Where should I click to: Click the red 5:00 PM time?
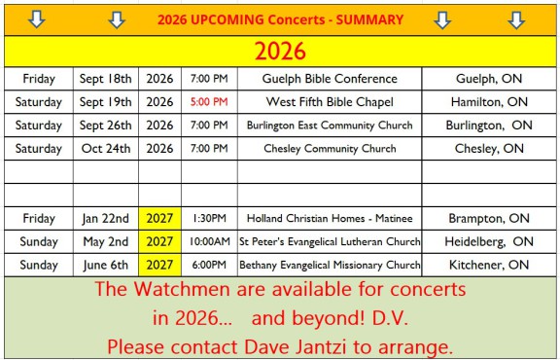tap(209, 102)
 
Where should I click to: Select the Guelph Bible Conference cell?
tap(330, 79)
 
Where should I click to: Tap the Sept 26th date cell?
tap(105, 126)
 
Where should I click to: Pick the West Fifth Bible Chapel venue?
tap(330, 102)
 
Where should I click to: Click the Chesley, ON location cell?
tap(489, 148)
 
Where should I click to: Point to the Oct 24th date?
tap(106, 148)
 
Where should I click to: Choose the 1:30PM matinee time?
tap(209, 218)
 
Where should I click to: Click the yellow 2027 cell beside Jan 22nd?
tap(159, 218)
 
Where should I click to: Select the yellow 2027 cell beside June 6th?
tap(159, 265)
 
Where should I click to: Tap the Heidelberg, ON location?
tap(489, 241)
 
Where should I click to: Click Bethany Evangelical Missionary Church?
tap(330, 265)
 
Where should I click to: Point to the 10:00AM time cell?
tap(209, 241)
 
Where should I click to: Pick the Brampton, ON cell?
tap(489, 218)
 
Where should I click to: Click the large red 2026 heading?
tap(280, 52)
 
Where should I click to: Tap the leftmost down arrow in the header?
tap(36, 19)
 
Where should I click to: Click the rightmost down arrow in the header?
tap(516, 20)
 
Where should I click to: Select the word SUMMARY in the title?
tap(369, 19)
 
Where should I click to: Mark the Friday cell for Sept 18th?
tap(39, 79)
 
